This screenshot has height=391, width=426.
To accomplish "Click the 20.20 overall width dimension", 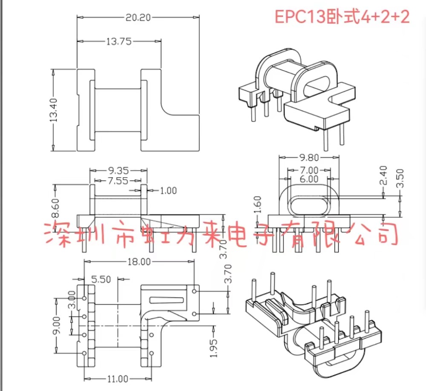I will pos(138,17).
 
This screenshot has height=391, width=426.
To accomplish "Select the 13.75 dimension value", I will pos(118,41).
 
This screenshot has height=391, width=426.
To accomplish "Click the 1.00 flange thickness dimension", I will pos(168,190).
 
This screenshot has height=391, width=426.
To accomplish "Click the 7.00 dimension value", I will pos(309,170).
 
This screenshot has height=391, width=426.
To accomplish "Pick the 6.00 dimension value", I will pos(308,179).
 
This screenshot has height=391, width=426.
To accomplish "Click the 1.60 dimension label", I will pos(256,205).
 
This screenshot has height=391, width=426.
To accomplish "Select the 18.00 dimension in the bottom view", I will pos(139,262).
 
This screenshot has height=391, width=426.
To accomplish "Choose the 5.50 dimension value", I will pos(101,279).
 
